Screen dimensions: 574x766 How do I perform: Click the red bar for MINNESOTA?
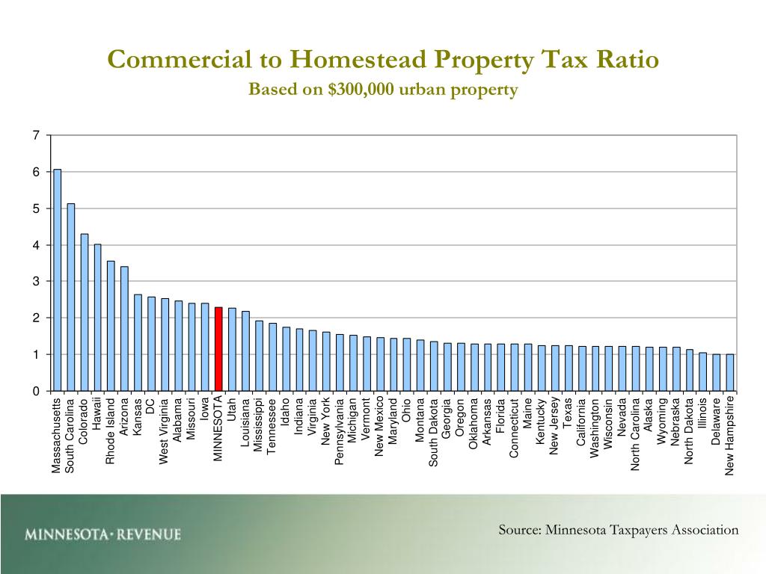coord(218,349)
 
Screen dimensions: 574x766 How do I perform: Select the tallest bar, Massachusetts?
coord(57,280)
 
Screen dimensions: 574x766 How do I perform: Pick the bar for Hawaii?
coord(97,318)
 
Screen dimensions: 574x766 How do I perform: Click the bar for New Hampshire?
coord(730,372)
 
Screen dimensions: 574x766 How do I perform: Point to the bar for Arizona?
coord(124,329)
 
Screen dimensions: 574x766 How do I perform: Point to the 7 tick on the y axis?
coord(35,135)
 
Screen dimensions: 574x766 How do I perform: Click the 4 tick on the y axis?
coord(35,245)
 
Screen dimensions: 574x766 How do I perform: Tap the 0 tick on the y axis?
coord(35,391)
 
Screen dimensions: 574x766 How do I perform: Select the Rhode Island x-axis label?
coord(111,431)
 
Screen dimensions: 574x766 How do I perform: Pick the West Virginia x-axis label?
coord(165,431)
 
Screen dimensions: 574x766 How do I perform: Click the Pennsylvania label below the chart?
coord(339,431)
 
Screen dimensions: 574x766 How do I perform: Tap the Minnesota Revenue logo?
coord(102,534)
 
